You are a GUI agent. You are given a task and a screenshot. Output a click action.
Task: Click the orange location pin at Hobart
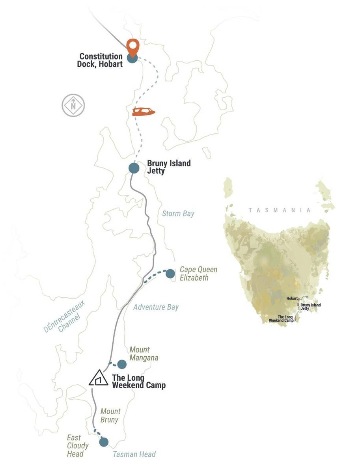pyautogui.click(x=133, y=47)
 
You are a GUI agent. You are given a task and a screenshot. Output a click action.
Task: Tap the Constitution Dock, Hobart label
pyautogui.click(x=101, y=60)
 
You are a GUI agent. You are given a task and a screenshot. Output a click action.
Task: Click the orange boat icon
pyautogui.click(x=144, y=112)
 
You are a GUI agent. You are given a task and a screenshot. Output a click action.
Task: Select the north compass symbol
pyautogui.click(x=73, y=105)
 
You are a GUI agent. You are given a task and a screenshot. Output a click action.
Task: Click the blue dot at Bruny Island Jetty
pyautogui.click(x=134, y=168)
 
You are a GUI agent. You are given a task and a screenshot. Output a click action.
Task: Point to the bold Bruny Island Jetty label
pyautogui.click(x=168, y=167)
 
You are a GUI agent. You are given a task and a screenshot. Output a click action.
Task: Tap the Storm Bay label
pyautogui.click(x=178, y=214)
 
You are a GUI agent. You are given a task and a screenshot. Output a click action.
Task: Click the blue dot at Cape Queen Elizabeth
pyautogui.click(x=170, y=274)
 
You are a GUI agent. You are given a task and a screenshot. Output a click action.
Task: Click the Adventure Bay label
pyautogui.click(x=156, y=307)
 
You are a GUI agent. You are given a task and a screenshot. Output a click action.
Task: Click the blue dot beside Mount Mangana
pyautogui.click(x=122, y=364)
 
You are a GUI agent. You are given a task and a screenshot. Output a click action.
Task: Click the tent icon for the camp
pyautogui.click(x=99, y=378)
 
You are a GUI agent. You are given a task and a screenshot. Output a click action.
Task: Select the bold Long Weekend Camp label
pyautogui.click(x=138, y=382)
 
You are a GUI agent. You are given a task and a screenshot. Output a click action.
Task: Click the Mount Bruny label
pyautogui.click(x=110, y=415)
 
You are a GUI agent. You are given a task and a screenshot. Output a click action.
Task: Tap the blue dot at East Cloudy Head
pyautogui.click(x=104, y=442)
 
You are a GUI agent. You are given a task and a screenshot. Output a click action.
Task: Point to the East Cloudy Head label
pyautogui.click(x=77, y=446)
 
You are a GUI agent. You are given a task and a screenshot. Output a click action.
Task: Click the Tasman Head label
pyautogui.click(x=134, y=454)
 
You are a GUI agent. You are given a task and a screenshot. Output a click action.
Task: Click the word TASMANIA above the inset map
pyautogui.click(x=279, y=210)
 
